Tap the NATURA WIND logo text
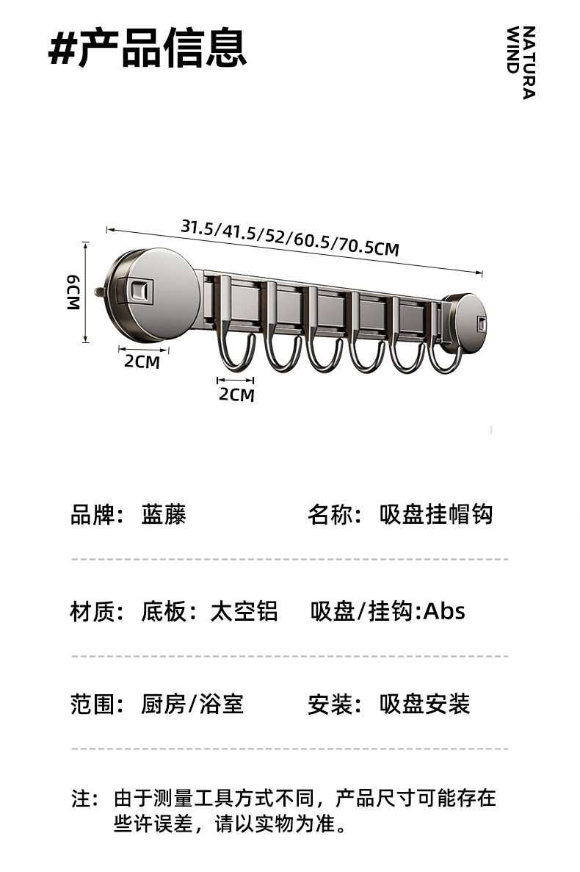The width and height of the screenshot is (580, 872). (x=521, y=62)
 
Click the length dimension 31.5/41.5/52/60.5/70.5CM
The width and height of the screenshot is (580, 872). (x=290, y=237)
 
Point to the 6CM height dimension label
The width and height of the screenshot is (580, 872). (x=73, y=292)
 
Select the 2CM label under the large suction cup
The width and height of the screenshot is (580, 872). (x=142, y=361)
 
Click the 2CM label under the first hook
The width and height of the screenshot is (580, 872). (x=236, y=394)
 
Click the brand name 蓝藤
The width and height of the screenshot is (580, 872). (x=164, y=514)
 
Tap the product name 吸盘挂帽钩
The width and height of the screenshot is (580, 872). (x=436, y=514)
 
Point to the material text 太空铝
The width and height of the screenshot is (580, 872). (x=244, y=611)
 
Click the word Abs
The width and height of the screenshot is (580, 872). (x=445, y=611)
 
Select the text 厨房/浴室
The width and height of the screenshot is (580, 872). (x=192, y=705)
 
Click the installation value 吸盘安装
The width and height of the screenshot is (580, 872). (x=424, y=705)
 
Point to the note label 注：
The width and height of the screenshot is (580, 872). (x=84, y=798)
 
